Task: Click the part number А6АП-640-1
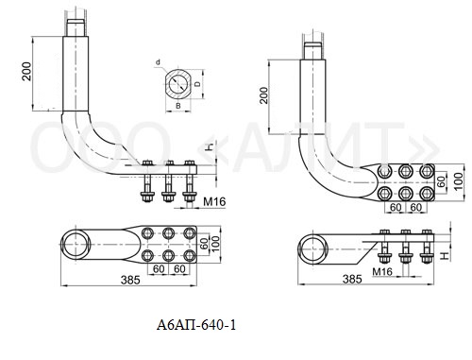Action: tap(196, 325)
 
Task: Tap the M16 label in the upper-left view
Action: tap(214, 201)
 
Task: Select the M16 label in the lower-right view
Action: tap(382, 271)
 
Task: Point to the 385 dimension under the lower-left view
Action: tap(130, 280)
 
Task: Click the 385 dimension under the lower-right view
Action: tap(352, 279)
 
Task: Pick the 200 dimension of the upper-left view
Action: tap(26, 71)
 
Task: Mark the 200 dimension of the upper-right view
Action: tap(264, 95)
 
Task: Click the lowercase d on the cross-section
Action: tap(158, 62)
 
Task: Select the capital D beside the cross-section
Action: tap(197, 84)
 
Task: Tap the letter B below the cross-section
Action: tap(178, 106)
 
